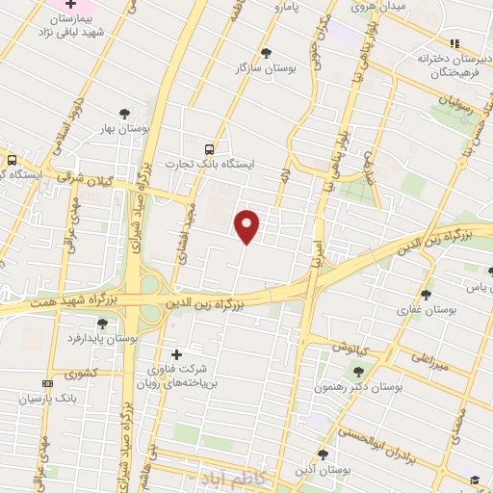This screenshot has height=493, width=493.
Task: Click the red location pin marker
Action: [x=248, y=225]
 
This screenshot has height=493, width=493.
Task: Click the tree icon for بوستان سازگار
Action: [x=267, y=54]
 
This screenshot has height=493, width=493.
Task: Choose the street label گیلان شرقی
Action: [x=85, y=179]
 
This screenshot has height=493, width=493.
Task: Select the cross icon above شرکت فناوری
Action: [x=175, y=354]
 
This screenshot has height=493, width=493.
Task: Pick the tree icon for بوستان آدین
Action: [x=323, y=454]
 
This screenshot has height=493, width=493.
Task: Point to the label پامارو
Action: [x=285, y=9]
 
